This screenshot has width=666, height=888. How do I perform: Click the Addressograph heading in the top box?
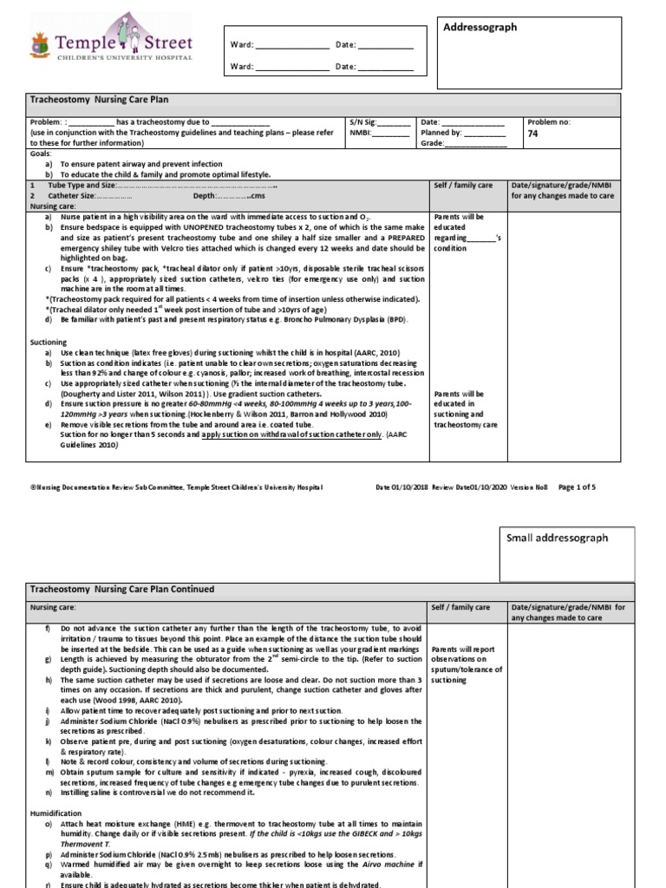point(480,28)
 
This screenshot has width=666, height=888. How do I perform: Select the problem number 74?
point(534,134)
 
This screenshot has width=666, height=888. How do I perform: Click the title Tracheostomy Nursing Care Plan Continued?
point(121,590)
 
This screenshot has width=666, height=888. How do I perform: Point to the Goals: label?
point(41,153)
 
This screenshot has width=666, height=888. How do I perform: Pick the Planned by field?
point(441,134)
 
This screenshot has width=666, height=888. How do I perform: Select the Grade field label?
point(432,144)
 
